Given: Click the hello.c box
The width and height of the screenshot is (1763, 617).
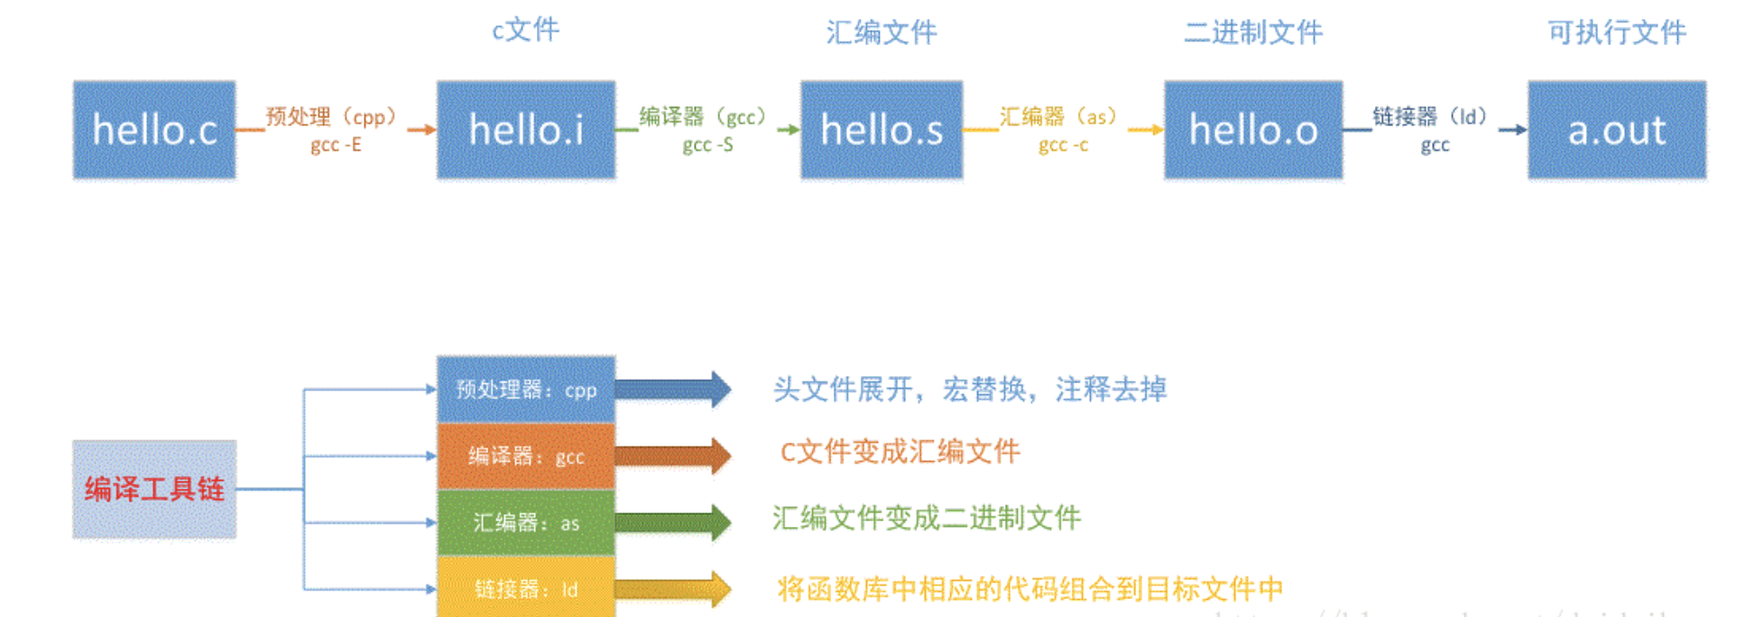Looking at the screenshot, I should tap(154, 130).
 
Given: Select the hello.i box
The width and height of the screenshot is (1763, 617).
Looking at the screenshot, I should tap(526, 130).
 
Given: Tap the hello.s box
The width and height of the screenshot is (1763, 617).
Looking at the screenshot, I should tap(881, 130).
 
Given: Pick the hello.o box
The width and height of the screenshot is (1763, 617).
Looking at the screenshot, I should tap(1253, 130).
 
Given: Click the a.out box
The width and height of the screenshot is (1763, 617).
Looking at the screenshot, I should tap(1617, 130).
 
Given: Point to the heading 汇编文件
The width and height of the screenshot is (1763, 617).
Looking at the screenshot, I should tap(881, 32).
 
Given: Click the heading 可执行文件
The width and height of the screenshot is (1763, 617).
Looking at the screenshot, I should tap(1617, 32).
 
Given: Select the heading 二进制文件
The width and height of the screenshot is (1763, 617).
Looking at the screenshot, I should tap(1253, 32).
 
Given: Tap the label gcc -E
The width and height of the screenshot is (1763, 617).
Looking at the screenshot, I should tap(336, 144).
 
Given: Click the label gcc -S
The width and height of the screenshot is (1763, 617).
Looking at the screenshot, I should tap(707, 144).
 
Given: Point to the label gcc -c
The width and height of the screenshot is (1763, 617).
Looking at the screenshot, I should tap(1063, 144).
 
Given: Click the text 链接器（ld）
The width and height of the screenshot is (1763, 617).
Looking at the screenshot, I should tap(1430, 116).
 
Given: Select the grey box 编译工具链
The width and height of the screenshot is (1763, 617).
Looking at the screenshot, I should tap(154, 489).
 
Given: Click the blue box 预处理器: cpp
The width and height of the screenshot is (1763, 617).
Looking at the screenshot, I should tap(526, 390).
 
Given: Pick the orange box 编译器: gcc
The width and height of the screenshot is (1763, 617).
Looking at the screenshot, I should tap(526, 456).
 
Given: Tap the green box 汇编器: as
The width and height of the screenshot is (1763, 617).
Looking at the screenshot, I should tap(526, 522).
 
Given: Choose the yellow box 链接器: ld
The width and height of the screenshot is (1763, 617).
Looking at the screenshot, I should tap(526, 588).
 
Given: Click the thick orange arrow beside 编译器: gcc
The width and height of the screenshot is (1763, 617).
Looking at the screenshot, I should tap(673, 456).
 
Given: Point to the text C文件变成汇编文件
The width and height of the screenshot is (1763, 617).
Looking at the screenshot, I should tap(900, 451).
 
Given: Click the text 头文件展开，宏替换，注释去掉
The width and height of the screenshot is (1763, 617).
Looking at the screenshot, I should tap(970, 390).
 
